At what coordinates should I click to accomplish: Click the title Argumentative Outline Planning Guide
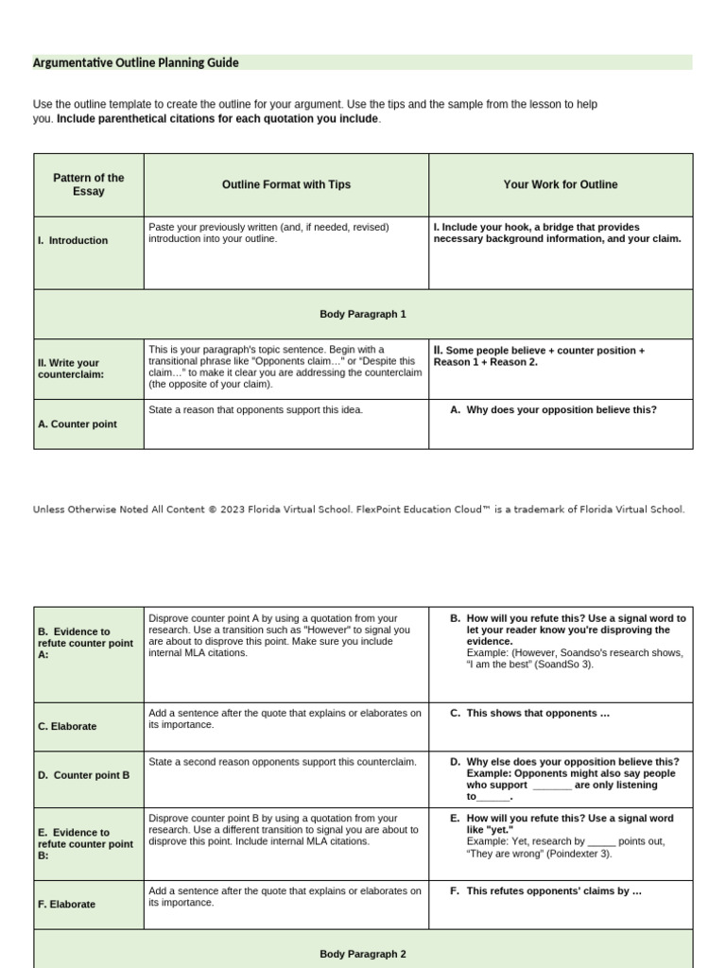tap(136, 62)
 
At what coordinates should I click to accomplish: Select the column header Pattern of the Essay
tap(89, 184)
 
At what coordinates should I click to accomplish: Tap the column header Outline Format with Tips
tap(285, 184)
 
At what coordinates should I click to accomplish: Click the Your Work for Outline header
tap(561, 184)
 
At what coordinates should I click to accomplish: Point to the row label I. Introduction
tap(73, 240)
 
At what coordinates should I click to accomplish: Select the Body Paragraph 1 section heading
tap(363, 314)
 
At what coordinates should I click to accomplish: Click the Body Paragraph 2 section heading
tap(363, 954)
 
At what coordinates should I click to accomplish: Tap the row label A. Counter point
tap(78, 424)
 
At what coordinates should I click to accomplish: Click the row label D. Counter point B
tap(83, 774)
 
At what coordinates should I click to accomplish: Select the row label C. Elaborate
tap(66, 726)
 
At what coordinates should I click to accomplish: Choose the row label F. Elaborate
tap(66, 904)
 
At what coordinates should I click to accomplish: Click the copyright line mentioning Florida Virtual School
tap(358, 510)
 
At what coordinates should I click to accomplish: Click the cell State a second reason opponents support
tap(283, 761)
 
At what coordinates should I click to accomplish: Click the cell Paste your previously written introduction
tap(268, 233)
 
